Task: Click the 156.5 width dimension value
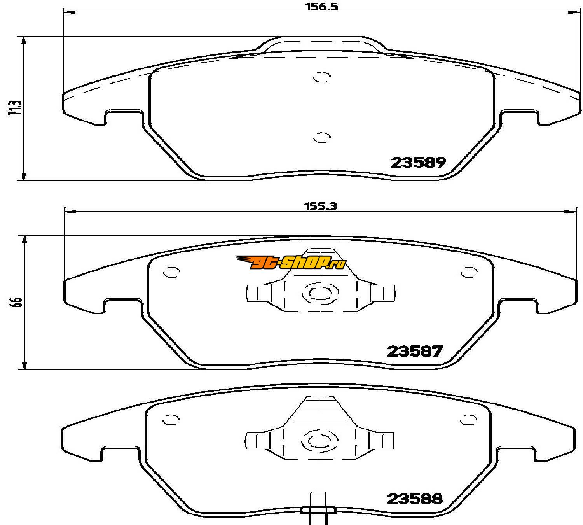pyautogui.click(x=322, y=7)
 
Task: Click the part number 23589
pyautogui.click(x=418, y=162)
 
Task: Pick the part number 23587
pyautogui.click(x=415, y=351)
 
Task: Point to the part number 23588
pyautogui.click(x=415, y=499)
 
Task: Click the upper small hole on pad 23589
pyautogui.click(x=322, y=77)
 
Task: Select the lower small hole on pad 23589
pyautogui.click(x=322, y=138)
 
